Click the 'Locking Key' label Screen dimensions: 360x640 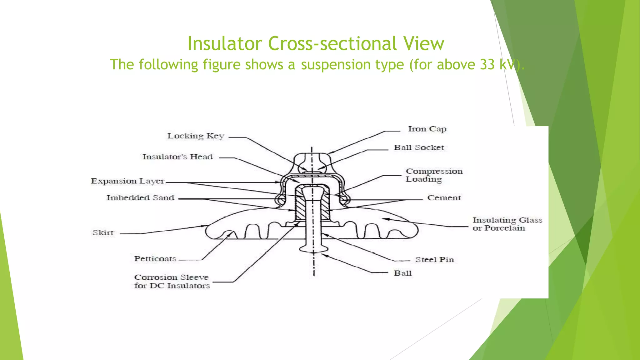[x=196, y=136]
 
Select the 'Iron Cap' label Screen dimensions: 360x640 [x=427, y=129]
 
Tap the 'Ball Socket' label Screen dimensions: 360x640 [x=419, y=147]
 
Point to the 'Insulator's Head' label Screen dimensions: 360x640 [x=177, y=157]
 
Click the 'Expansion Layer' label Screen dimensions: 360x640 [x=127, y=181]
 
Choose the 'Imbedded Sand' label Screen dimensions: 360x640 [x=140, y=198]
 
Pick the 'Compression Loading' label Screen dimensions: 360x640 [x=434, y=175]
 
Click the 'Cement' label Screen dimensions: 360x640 [x=444, y=198]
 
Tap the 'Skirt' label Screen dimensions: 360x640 [x=103, y=233]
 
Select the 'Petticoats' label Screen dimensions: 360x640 [x=155, y=259]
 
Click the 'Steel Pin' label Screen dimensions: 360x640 [x=434, y=260]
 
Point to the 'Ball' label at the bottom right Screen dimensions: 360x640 [x=402, y=273]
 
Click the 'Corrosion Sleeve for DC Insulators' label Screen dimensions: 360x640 [x=172, y=282]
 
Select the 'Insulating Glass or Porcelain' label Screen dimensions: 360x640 [x=507, y=224]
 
